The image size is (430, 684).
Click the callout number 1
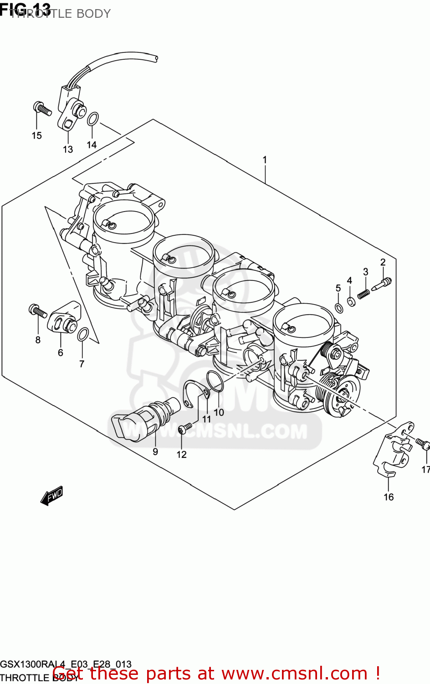265,160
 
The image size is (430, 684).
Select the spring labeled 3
363,294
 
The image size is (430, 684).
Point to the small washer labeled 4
351,301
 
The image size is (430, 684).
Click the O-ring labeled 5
339,308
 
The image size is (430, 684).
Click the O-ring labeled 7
83,335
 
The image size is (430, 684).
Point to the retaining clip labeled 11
194,393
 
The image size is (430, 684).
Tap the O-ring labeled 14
92,119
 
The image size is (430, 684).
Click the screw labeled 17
422,443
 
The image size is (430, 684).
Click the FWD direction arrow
51,496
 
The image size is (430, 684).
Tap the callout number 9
155,452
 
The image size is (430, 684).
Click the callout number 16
389,497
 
